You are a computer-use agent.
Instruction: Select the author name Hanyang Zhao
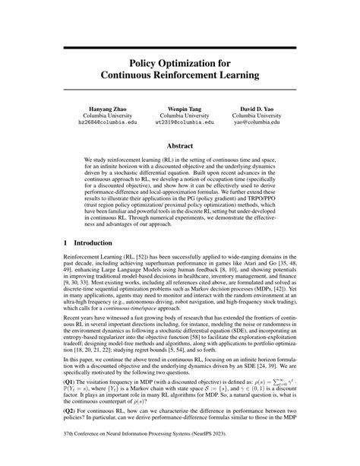94,110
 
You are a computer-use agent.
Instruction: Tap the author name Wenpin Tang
179,110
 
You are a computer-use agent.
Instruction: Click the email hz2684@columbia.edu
94,127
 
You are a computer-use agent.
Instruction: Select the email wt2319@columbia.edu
179,127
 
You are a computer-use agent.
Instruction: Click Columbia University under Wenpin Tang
179,119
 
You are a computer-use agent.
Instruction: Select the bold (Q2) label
69,435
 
